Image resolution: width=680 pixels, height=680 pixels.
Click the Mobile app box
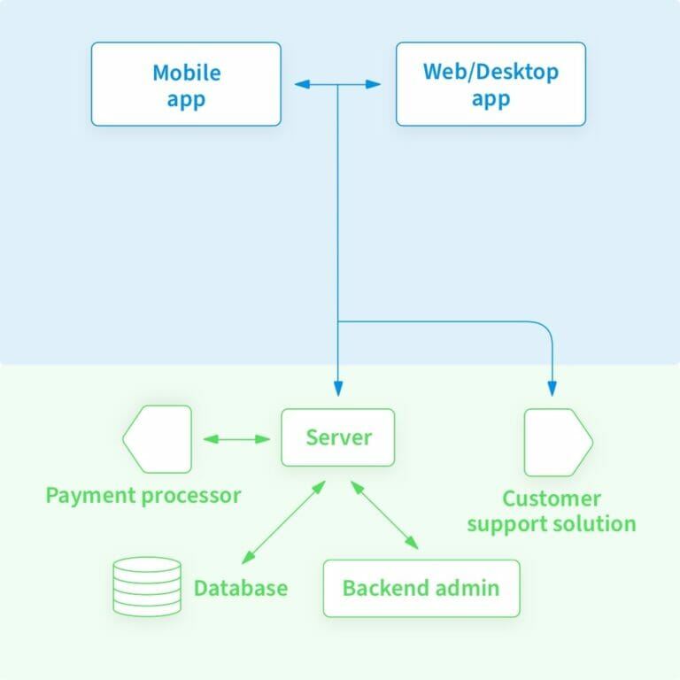coord(186,84)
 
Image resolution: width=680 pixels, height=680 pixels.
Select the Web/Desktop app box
coord(491,84)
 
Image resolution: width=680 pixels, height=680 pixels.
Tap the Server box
coord(338,437)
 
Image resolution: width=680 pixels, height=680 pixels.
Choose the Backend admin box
coord(421,588)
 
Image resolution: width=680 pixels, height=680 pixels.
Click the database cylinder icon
coord(147,586)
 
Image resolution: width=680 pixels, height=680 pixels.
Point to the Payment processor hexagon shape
coord(157,438)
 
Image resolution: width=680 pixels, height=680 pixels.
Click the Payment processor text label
coord(143,495)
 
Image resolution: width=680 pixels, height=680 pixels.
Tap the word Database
coord(241,588)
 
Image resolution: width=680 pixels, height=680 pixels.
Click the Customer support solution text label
coord(552,511)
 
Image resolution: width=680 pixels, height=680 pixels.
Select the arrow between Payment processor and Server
coord(236,438)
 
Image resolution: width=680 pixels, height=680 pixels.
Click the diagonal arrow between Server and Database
coord(283,522)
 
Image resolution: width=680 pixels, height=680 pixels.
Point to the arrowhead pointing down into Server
coord(337,388)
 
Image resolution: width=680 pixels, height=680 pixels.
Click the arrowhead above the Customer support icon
coord(552,388)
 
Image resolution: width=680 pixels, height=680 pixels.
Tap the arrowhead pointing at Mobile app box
coord(301,84)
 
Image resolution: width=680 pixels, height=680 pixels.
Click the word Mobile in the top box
coord(186,72)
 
